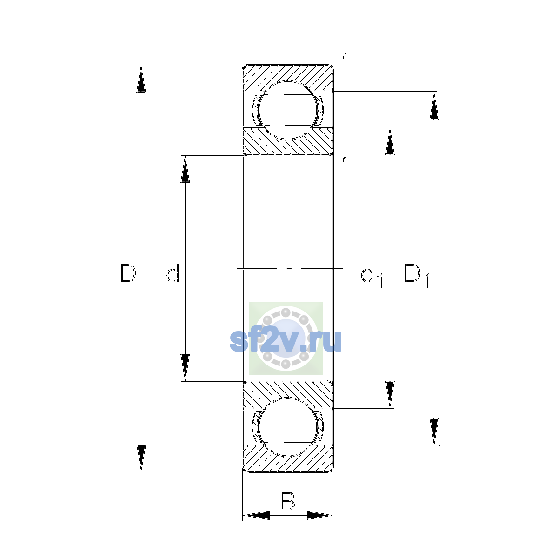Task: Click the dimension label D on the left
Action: pyautogui.click(x=128, y=273)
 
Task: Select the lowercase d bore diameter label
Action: pyautogui.click(x=173, y=273)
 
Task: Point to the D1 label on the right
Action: pyautogui.click(x=417, y=275)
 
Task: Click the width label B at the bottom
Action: pyautogui.click(x=287, y=501)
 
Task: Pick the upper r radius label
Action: pyautogui.click(x=345, y=58)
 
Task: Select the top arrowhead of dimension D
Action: pyautogui.click(x=141, y=79)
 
